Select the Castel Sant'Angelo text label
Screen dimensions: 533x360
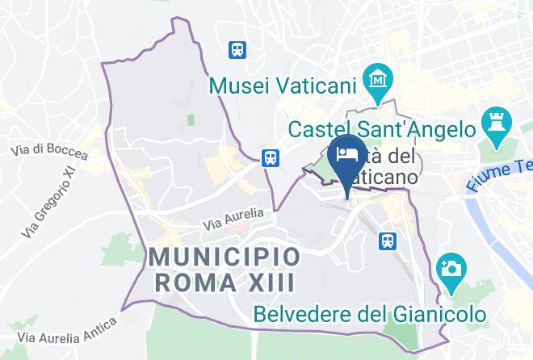381,128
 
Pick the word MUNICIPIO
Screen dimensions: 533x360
226,257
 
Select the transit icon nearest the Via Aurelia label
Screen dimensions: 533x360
271,157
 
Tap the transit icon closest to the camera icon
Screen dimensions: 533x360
388,240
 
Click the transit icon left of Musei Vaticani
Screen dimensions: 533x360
237,49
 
